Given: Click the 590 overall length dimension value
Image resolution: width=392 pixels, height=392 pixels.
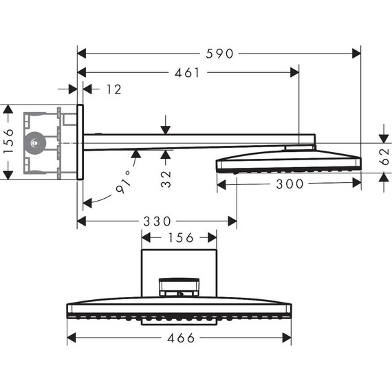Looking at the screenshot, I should click(219, 53).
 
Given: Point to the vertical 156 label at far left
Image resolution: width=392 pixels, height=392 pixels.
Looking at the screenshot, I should click(8, 142).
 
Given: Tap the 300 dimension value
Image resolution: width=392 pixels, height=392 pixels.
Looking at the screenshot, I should click(289, 183).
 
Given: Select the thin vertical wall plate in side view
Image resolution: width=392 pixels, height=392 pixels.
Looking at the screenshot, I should click(80, 142).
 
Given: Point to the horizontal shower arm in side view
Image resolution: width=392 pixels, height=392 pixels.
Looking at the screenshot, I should click(193, 142).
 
